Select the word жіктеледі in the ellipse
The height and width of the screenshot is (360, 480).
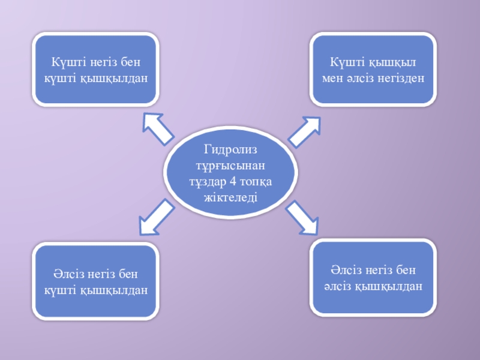[x=230, y=197]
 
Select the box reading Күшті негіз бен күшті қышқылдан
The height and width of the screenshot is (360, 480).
[x=96, y=70]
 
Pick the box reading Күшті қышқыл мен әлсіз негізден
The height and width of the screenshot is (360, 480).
[x=372, y=70]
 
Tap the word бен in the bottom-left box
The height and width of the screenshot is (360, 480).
[x=129, y=274]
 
